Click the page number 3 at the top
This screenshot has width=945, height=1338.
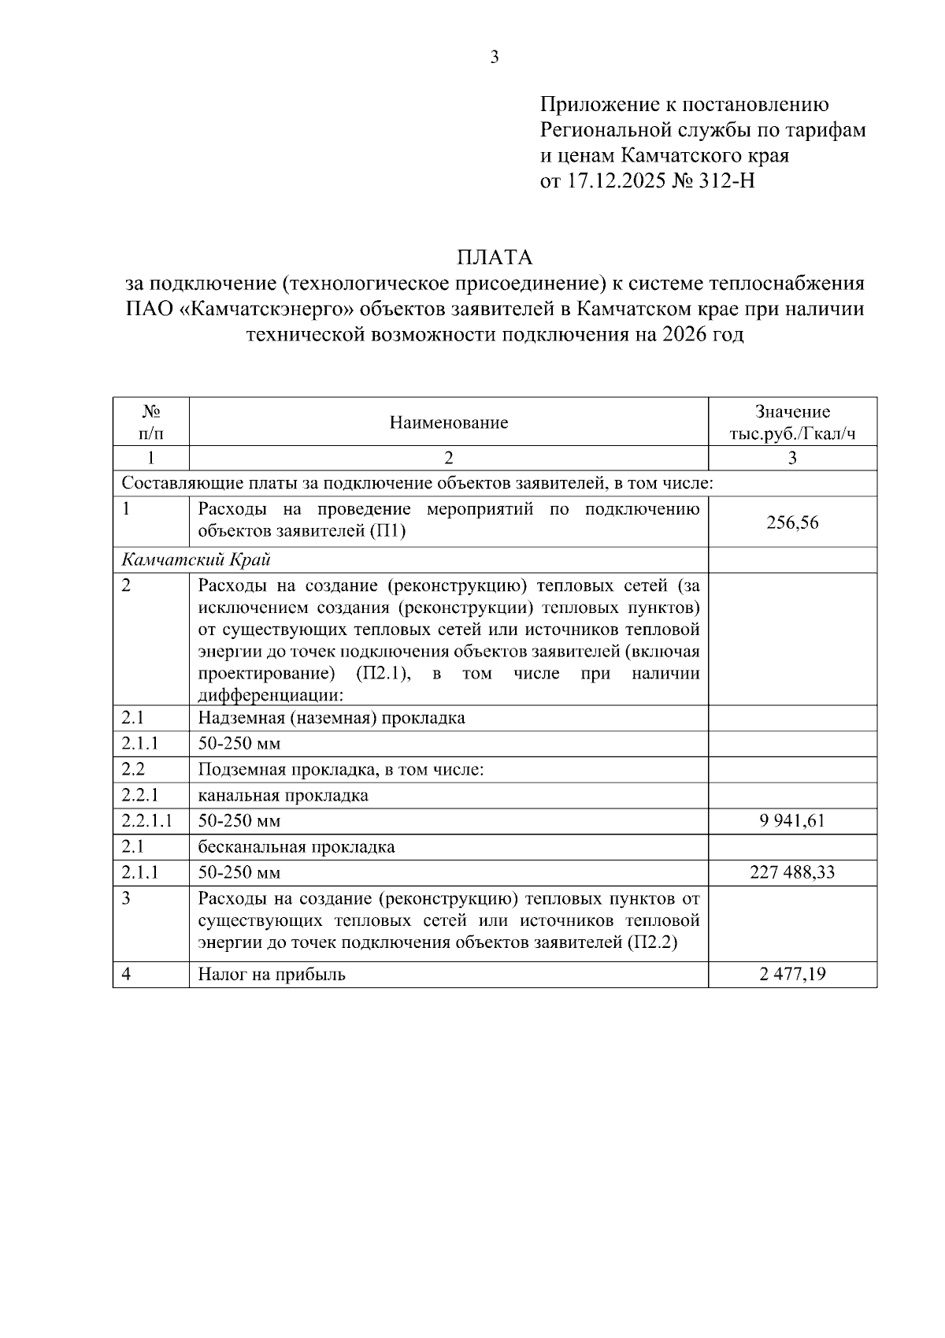495,57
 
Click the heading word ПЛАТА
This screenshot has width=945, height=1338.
495,258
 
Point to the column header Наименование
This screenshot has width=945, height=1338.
449,422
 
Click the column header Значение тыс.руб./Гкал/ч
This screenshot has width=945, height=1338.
792,422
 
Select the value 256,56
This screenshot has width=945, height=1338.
792,522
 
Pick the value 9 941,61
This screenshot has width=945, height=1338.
792,821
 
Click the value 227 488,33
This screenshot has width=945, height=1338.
792,872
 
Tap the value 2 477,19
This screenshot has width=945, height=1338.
792,974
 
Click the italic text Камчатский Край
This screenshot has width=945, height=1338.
196,559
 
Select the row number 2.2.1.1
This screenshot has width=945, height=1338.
147,821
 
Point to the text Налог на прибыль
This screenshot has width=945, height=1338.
272,974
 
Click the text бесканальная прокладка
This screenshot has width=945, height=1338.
296,847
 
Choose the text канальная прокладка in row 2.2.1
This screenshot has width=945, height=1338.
283,795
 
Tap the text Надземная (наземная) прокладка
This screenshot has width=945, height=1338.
332,718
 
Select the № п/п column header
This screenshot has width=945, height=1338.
151,422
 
